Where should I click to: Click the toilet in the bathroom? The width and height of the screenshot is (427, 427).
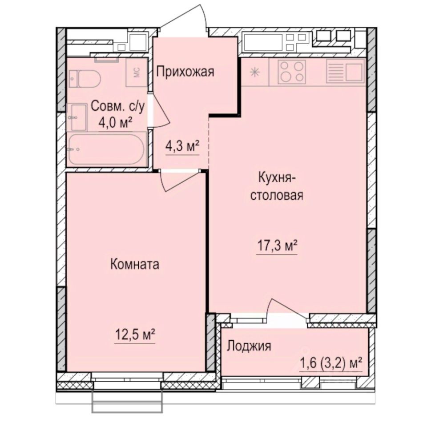pyautogui.click(x=87, y=78)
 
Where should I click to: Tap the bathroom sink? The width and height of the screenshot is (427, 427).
pyautogui.click(x=78, y=116)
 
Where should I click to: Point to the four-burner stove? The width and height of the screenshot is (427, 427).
pyautogui.click(x=292, y=72)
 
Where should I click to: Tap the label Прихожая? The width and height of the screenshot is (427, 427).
pyautogui.click(x=185, y=71)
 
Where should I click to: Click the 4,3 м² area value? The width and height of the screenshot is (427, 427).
pyautogui.click(x=182, y=147)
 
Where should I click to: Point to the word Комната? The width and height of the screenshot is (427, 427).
pyautogui.click(x=134, y=265)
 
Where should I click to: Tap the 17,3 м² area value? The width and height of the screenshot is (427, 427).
pyautogui.click(x=277, y=245)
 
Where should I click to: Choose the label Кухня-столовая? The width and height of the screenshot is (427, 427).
pyautogui.click(x=277, y=187)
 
